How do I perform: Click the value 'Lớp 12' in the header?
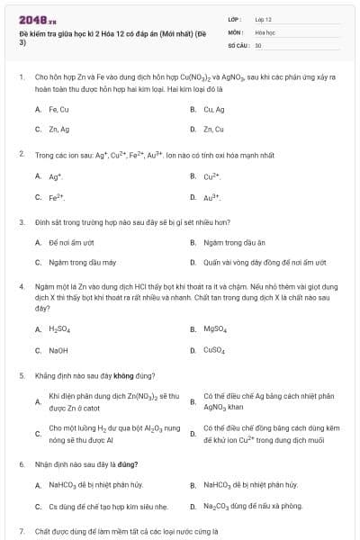click(x=264, y=18)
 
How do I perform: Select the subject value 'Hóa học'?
click(x=264, y=31)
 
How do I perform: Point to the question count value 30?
click(x=258, y=44)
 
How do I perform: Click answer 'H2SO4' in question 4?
click(x=59, y=329)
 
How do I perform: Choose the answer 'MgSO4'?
click(x=215, y=329)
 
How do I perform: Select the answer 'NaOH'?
click(x=58, y=350)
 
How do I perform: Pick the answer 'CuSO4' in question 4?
click(x=215, y=350)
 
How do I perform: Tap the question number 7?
click(x=21, y=530)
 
